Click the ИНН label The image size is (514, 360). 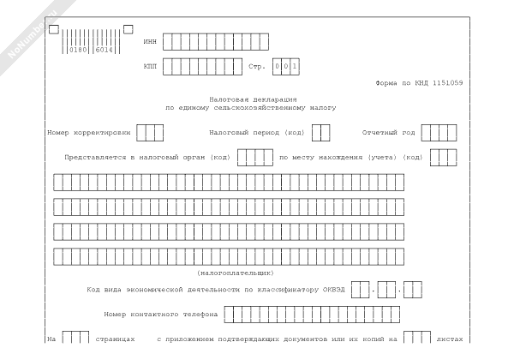[150, 42]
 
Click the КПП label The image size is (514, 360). [150, 67]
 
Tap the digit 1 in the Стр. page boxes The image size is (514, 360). [295, 67]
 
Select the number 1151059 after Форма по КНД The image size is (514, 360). [447, 83]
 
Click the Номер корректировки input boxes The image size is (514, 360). [150, 133]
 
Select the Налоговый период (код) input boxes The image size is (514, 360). [321, 133]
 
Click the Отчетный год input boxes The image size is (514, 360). [439, 133]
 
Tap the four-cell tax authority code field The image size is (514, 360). [255, 158]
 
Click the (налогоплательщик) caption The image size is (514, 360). [236, 273]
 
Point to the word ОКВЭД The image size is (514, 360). [334, 290]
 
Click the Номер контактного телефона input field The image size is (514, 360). [312, 315]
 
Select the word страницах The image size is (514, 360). [115, 339]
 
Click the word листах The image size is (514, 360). [450, 339]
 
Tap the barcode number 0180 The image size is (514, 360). [78, 50]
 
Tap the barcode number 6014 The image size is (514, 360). [105, 50]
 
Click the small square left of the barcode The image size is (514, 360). [54, 29]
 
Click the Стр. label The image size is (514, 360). [257, 67]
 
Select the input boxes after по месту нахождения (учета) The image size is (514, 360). [444, 158]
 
